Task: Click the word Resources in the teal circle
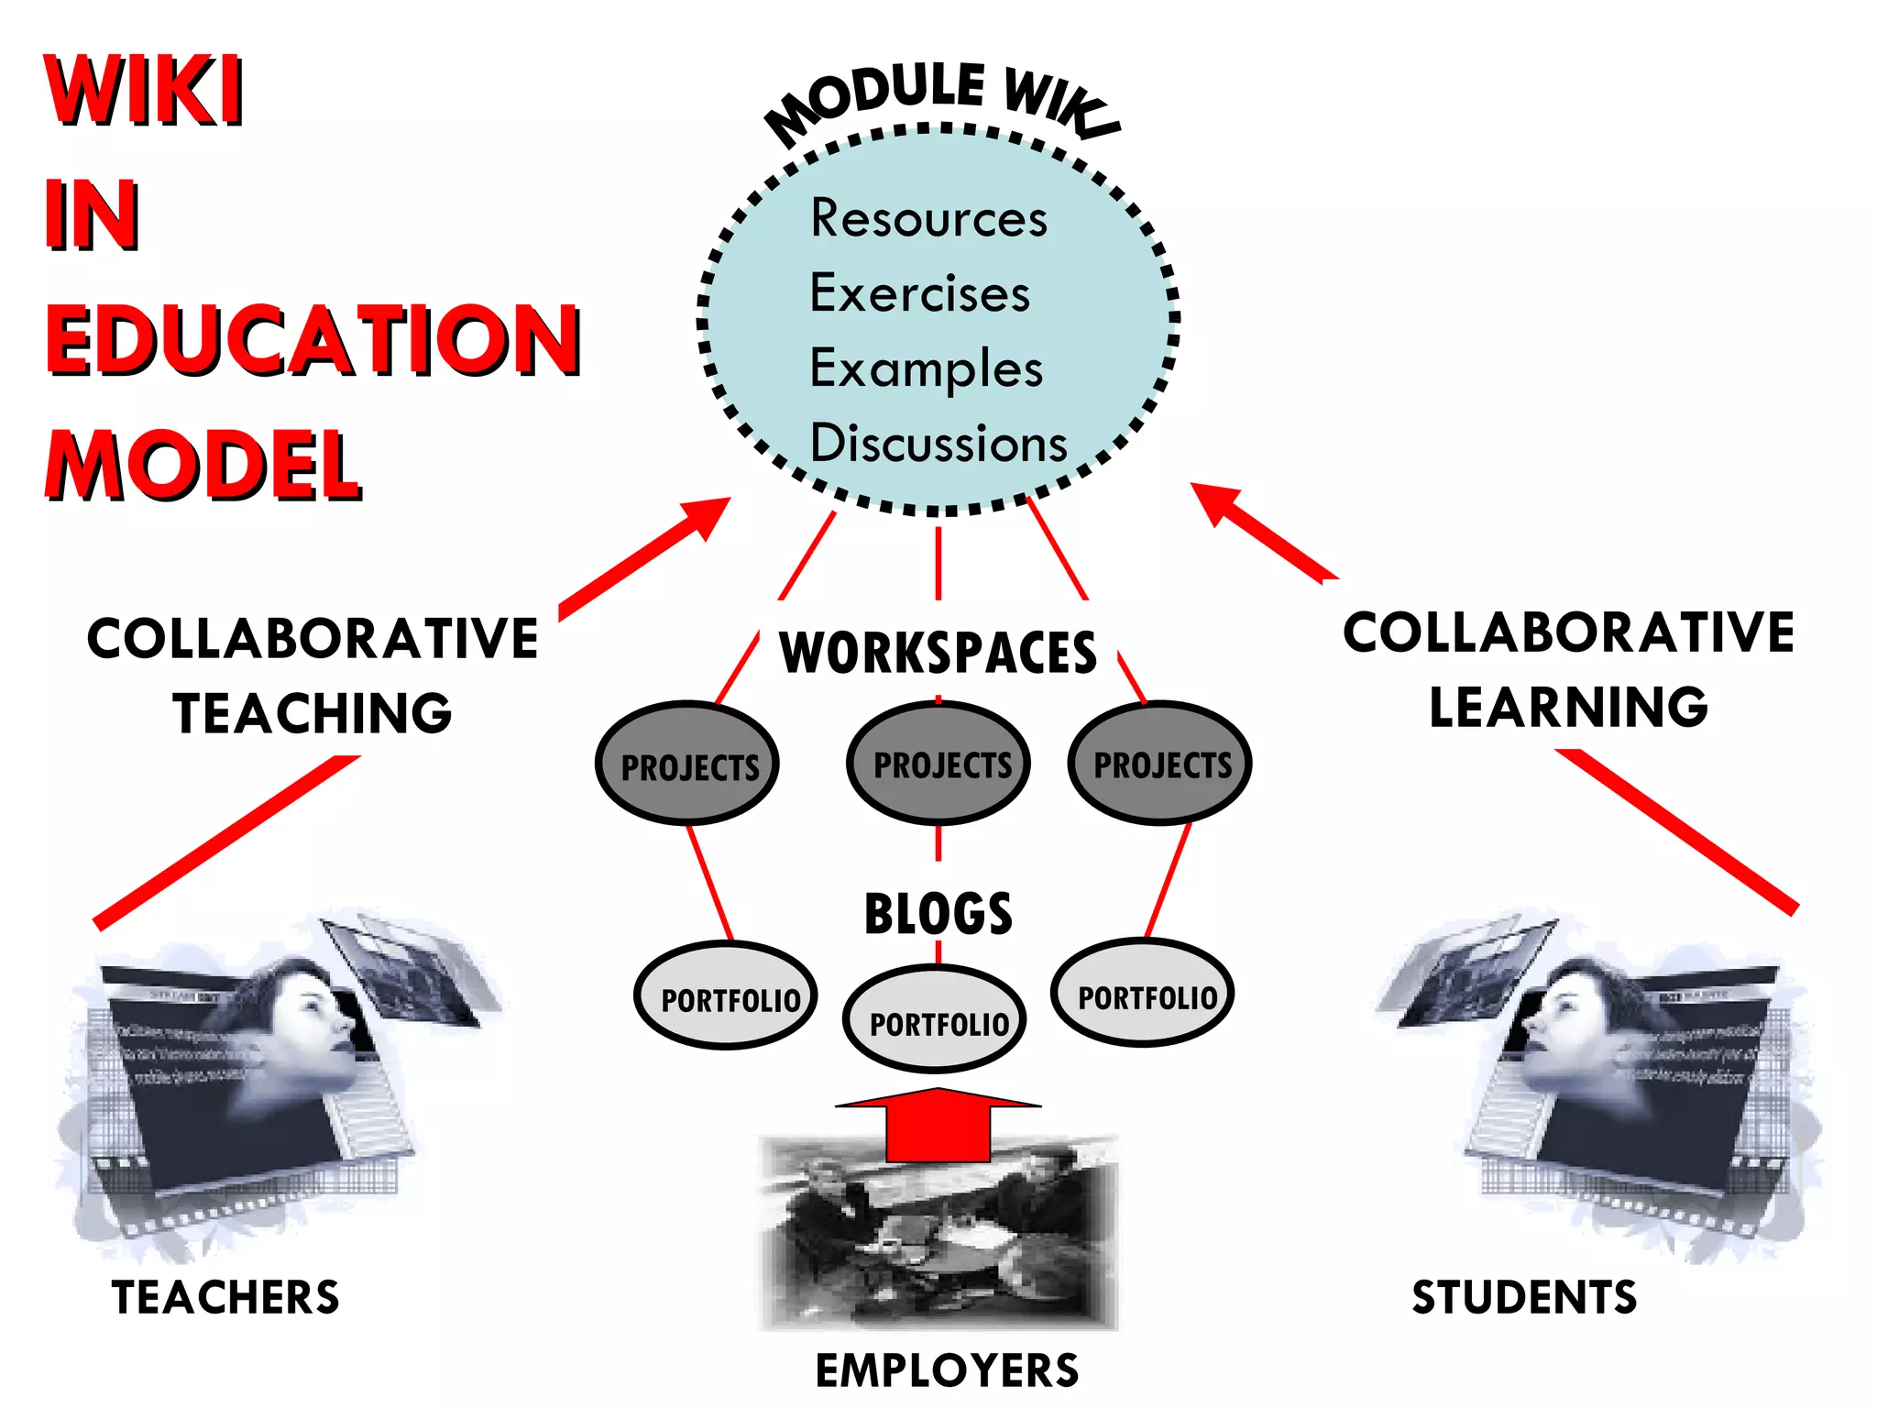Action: pyautogui.click(x=928, y=219)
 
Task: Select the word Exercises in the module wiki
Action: pyautogui.click(x=919, y=294)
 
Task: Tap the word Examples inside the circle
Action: pyautogui.click(x=926, y=369)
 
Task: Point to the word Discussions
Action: pyautogui.click(x=938, y=445)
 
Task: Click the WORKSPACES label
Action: pyautogui.click(x=938, y=654)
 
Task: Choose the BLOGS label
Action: pyautogui.click(x=938, y=914)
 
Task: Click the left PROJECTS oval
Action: pyautogui.click(x=687, y=764)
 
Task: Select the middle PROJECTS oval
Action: pyautogui.click(x=938, y=763)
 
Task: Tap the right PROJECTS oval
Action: pyautogui.click(x=1160, y=763)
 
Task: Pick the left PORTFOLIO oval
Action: pyautogui.click(x=726, y=996)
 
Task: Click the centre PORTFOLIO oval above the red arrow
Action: pyautogui.click(x=936, y=1020)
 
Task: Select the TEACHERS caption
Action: pyautogui.click(x=225, y=1298)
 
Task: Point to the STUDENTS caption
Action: pyautogui.click(x=1524, y=1298)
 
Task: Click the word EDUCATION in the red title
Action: pyautogui.click(x=313, y=340)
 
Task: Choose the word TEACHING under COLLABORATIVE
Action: pyautogui.click(x=313, y=714)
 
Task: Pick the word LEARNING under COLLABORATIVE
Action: pyautogui.click(x=1568, y=708)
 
